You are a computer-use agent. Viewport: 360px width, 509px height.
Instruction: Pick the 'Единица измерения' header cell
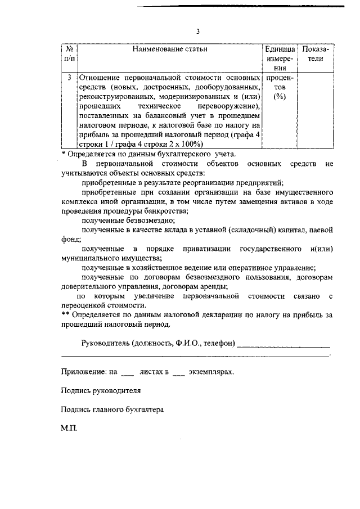tap(279, 58)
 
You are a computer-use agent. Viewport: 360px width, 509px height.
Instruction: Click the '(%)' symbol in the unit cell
tap(279, 97)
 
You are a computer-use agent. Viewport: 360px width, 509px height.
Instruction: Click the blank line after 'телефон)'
tap(283, 344)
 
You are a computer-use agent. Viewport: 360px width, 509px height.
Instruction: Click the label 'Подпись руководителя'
tap(101, 390)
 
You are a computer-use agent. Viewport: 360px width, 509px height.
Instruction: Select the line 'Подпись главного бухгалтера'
tap(112, 409)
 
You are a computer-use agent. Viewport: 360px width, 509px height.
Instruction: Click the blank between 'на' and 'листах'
tap(128, 372)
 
